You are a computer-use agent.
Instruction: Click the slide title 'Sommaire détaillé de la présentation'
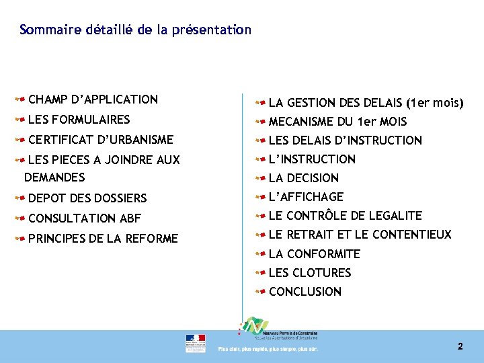pyautogui.click(x=136, y=30)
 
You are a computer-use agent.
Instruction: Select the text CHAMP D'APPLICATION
pyautogui.click(x=93, y=99)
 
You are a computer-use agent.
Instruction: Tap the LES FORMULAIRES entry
pyautogui.click(x=79, y=120)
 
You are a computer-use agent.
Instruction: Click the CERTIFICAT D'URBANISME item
pyautogui.click(x=100, y=140)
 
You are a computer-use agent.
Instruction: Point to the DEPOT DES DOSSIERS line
pyautogui.click(x=87, y=198)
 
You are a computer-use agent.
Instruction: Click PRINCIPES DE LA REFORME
pyautogui.click(x=103, y=239)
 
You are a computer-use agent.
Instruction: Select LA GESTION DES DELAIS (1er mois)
pyautogui.click(x=366, y=103)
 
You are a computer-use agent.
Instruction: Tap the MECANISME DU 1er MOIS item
pyautogui.click(x=337, y=122)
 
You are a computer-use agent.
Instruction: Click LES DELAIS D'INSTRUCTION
pyautogui.click(x=345, y=140)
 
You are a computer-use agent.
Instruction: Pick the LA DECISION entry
pyautogui.click(x=303, y=178)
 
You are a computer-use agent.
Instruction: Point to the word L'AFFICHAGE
pyautogui.click(x=306, y=197)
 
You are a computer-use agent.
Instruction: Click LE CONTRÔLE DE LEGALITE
pyautogui.click(x=345, y=216)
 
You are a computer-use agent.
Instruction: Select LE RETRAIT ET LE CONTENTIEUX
pyautogui.click(x=360, y=235)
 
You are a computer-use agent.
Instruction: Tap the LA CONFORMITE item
pyautogui.click(x=314, y=254)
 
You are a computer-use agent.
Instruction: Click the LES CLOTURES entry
pyautogui.click(x=309, y=273)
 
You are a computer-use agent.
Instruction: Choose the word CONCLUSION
pyautogui.click(x=305, y=292)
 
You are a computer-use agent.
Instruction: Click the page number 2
pyautogui.click(x=460, y=347)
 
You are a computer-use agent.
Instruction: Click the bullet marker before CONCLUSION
pyautogui.click(x=260, y=292)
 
